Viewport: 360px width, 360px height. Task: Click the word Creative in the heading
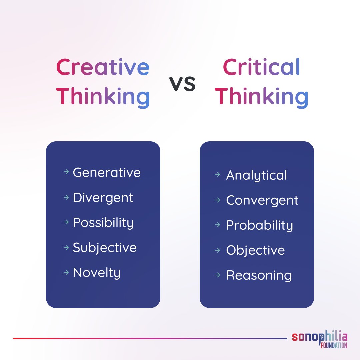(x=103, y=67)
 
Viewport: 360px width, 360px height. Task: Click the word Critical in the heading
(x=261, y=67)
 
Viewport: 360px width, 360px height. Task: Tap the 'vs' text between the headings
(x=182, y=84)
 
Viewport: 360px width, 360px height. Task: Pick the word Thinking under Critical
(x=263, y=96)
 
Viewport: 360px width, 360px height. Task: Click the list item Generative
(x=107, y=173)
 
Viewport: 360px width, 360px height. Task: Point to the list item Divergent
(x=103, y=198)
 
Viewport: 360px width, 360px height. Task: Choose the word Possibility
(x=103, y=223)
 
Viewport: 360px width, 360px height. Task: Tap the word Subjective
(x=105, y=248)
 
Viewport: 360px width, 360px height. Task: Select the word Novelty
(x=97, y=273)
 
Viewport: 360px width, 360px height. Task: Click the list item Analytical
(x=256, y=175)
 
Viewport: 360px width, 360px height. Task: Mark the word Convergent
(x=262, y=200)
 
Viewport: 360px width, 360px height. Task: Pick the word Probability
(x=259, y=225)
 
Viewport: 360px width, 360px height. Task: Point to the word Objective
(x=255, y=250)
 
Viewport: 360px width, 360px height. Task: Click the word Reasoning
(x=259, y=275)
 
